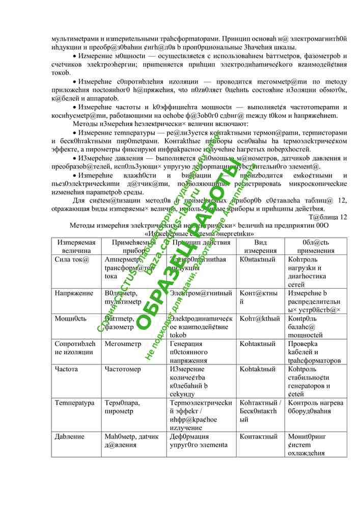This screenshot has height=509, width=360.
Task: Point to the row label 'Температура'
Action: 74,403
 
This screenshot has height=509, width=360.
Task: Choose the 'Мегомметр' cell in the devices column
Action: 123,344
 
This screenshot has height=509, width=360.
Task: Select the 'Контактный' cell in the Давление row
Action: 258,436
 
